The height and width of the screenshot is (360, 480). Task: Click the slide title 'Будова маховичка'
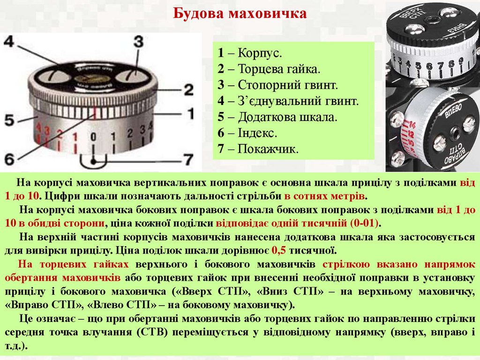click(240, 14)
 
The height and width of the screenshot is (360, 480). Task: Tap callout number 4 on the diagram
click(9, 42)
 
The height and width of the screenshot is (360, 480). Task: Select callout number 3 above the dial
click(138, 42)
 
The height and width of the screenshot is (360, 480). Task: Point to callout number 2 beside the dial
click(188, 90)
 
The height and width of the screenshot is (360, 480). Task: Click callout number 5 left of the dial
click(9, 120)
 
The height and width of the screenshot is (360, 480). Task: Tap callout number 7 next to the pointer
click(188, 159)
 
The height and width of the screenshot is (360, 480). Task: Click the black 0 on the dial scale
click(93, 137)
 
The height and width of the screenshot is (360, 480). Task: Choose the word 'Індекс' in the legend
click(256, 133)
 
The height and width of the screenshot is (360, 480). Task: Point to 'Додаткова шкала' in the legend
click(287, 117)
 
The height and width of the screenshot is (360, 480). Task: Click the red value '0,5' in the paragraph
click(278, 251)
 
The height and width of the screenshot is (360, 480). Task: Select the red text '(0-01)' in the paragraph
click(364, 223)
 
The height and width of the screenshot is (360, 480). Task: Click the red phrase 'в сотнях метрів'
click(324, 196)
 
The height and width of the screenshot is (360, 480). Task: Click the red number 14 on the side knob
click(412, 125)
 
